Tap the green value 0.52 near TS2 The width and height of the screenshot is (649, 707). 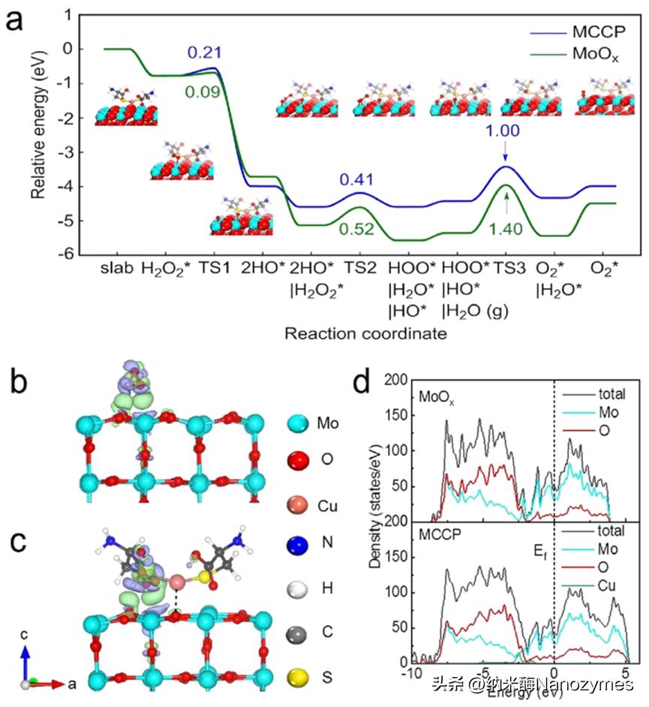(x=356, y=229)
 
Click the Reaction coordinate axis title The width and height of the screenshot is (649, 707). (x=365, y=332)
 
